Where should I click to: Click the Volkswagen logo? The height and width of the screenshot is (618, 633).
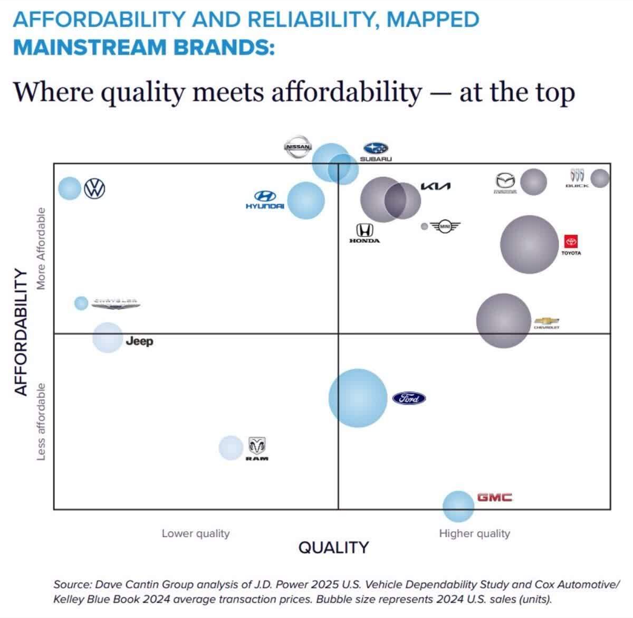95,188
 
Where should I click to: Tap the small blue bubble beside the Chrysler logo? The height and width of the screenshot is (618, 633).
81,303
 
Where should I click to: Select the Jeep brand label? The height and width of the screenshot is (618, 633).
139,341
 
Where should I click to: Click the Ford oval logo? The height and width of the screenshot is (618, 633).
409,398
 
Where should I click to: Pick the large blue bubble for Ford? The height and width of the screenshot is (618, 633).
358,398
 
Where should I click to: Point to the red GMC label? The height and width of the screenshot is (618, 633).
494,497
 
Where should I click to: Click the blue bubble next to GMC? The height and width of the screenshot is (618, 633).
458,506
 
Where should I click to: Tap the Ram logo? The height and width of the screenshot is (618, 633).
257,448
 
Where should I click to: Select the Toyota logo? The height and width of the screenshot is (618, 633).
571,244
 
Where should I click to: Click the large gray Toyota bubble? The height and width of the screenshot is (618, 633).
529,244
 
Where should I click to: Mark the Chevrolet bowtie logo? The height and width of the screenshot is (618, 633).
546,321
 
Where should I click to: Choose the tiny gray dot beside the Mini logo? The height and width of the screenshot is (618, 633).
424,226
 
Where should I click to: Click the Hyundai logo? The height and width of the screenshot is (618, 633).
265,199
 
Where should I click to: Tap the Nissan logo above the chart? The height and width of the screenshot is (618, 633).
298,147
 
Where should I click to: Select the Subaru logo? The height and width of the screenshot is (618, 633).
376,151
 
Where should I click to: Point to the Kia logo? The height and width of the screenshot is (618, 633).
436,186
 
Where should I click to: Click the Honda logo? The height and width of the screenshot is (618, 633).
364,233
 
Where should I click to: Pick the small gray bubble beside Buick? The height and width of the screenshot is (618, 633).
600,178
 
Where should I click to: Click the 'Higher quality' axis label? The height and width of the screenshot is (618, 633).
474,534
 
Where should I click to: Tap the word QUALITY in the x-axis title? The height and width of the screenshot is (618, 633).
333,547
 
